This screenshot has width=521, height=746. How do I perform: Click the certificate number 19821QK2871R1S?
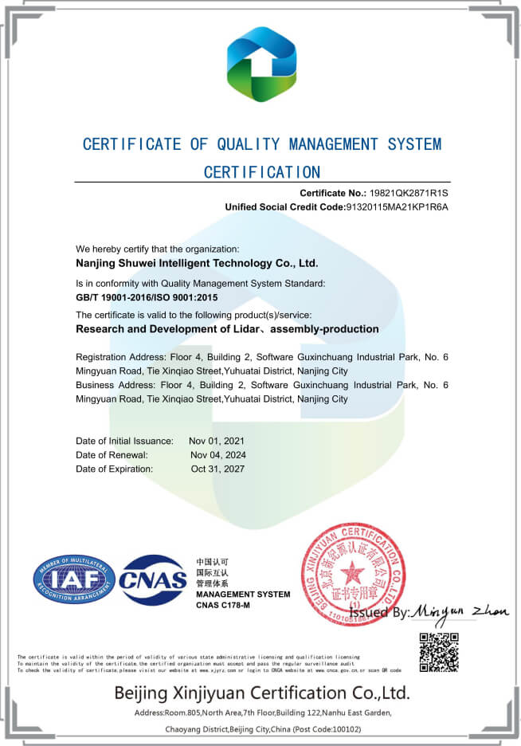[409, 194]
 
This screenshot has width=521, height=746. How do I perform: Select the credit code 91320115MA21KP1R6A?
[397, 207]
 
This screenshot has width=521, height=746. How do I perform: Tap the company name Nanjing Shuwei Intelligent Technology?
[197, 262]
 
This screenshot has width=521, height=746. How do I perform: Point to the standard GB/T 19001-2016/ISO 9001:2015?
[147, 296]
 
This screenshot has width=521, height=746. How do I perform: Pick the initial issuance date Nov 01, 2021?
[217, 441]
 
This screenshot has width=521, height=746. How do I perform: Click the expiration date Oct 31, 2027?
[217, 469]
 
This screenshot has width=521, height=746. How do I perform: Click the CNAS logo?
[153, 580]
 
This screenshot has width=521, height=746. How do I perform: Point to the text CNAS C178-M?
[223, 606]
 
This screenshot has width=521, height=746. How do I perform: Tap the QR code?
[439, 651]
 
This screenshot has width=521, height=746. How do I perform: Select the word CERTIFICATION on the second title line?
[262, 171]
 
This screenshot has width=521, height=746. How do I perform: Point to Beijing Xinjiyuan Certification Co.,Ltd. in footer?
[261, 691]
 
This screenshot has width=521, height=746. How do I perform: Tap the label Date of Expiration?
[114, 469]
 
